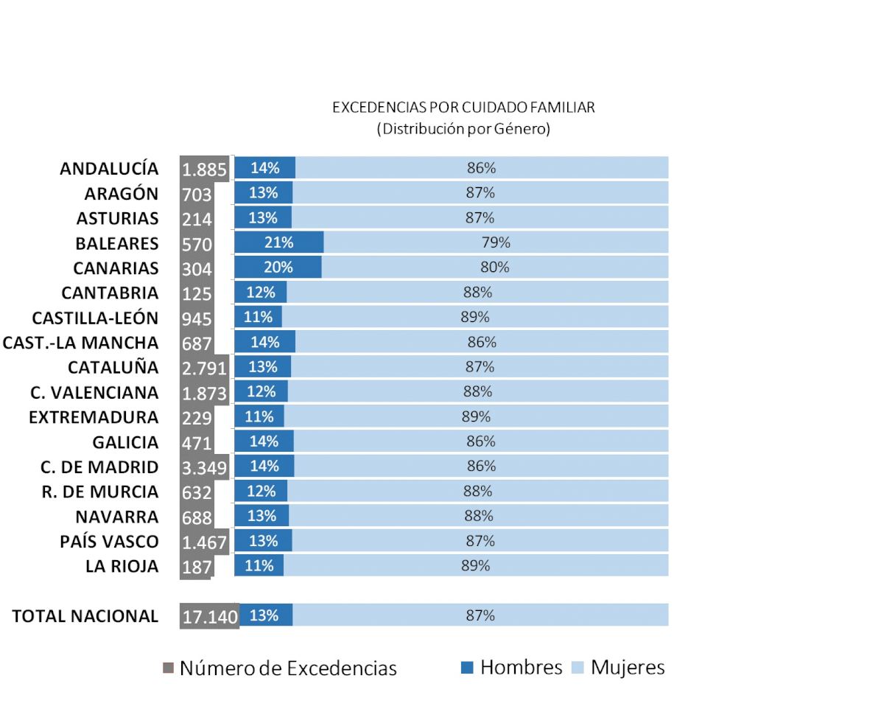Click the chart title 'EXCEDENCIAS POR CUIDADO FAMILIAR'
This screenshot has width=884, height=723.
[x=463, y=108]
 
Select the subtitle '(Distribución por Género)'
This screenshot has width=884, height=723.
[x=463, y=129]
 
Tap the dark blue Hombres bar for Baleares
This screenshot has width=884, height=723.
[x=279, y=242]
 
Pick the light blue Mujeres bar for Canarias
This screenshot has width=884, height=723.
[x=494, y=268]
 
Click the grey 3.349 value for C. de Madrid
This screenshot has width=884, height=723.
[x=204, y=467]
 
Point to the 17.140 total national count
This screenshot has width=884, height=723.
[x=210, y=616]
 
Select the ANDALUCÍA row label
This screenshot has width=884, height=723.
[x=109, y=168]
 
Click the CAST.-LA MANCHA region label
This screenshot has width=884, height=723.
[x=80, y=343]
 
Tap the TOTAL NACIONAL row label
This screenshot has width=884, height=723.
[x=85, y=616]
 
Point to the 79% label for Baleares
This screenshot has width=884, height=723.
[x=496, y=242]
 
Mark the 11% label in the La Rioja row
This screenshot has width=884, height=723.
[x=259, y=566]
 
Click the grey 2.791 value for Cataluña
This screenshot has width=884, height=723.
[x=204, y=367]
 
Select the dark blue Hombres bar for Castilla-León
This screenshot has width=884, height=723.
[x=258, y=318]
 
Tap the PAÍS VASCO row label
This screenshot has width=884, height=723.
[x=109, y=542]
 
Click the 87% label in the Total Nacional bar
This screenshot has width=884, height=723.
[x=480, y=615]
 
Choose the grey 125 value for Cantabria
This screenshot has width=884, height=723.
[x=197, y=293]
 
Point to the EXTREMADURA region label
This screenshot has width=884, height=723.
[x=94, y=417]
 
